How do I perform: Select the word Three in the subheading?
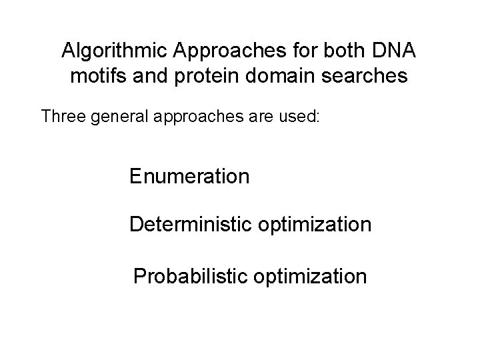point(63,117)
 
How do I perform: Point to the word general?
point(120,118)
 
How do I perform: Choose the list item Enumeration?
point(190,177)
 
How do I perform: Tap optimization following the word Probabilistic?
point(321,276)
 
